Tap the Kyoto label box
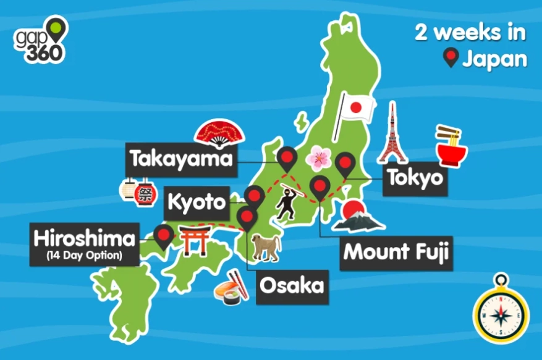coord(197,202)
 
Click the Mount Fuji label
coord(396,252)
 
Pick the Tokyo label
coord(415,178)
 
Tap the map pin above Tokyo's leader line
coord(345,164)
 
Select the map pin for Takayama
coord(286,159)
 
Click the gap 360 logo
coord(41,40)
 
